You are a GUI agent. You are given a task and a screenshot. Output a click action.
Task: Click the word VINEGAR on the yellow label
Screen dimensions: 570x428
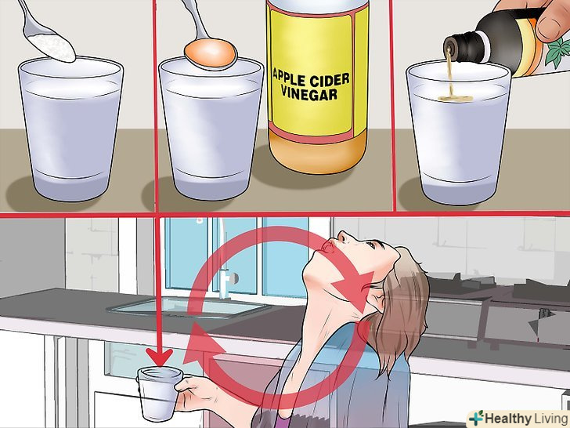pyautogui.click(x=309, y=93)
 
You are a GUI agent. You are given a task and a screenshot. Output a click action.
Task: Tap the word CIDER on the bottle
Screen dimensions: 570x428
pyautogui.click(x=331, y=80)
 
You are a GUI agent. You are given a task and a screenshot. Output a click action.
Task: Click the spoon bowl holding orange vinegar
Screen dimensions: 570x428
pyautogui.click(x=211, y=54)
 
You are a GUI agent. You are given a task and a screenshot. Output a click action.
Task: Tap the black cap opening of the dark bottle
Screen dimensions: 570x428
pyautogui.click(x=449, y=48)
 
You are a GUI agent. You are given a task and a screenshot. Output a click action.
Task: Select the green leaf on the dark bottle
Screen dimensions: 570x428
pyautogui.click(x=559, y=52)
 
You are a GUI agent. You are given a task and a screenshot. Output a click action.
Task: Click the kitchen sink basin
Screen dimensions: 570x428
pyautogui.click(x=189, y=306)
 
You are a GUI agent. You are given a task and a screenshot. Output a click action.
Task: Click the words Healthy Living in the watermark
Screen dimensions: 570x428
pyautogui.click(x=527, y=419)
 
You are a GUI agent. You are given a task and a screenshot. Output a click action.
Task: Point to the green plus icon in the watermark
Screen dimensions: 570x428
pyautogui.click(x=476, y=418)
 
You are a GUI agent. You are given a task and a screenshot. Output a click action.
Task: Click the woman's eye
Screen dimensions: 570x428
pyautogui.click(x=370, y=245)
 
